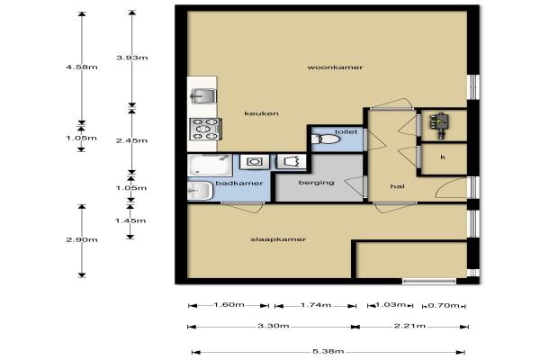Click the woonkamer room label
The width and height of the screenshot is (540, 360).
pyautogui.click(x=335, y=67)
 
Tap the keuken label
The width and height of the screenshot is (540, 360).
pyautogui.click(x=261, y=113)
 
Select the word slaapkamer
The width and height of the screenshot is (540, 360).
pyautogui.click(x=278, y=239)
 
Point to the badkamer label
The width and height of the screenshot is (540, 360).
pyautogui.click(x=239, y=183)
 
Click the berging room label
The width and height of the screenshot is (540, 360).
pyautogui.click(x=316, y=182)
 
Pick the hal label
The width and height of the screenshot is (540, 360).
pyautogui.click(x=397, y=186)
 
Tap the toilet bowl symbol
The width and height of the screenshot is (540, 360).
pyautogui.click(x=326, y=139)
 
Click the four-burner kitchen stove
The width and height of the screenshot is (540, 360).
pyautogui.click(x=205, y=130)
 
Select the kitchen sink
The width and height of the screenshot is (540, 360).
pyautogui.click(x=203, y=95)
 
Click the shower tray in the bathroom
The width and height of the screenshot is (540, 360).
pyautogui.click(x=210, y=166)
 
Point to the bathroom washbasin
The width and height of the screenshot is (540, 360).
pyautogui.click(x=200, y=191)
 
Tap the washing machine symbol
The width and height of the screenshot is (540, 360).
pyautogui.click(x=255, y=162)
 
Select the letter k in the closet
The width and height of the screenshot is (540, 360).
pyautogui.click(x=443, y=157)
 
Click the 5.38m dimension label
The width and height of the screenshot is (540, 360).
pyautogui.click(x=328, y=351)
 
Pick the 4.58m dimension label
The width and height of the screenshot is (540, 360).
pyautogui.click(x=82, y=67)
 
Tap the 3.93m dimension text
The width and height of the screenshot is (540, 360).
pyautogui.click(x=132, y=58)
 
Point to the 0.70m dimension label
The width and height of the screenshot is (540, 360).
pyautogui.click(x=444, y=305)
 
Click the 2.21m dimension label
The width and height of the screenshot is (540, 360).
pyautogui.click(x=409, y=326)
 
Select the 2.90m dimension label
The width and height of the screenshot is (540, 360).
pyautogui.click(x=82, y=239)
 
